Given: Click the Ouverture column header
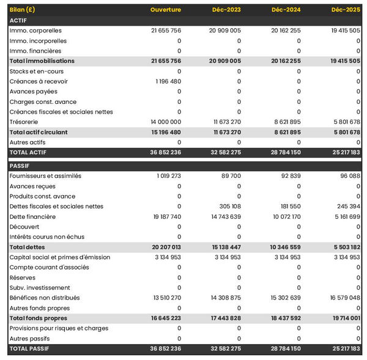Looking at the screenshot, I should pos(166,10).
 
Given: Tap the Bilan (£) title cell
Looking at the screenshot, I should pos(22,10).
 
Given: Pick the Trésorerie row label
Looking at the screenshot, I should pos(24,122).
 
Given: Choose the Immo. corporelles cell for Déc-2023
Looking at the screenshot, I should pos(224,31).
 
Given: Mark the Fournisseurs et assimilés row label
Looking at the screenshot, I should pos(45,176).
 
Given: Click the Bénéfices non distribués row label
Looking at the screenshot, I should pos(45,298).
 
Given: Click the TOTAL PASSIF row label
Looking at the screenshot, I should pos(29,349).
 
